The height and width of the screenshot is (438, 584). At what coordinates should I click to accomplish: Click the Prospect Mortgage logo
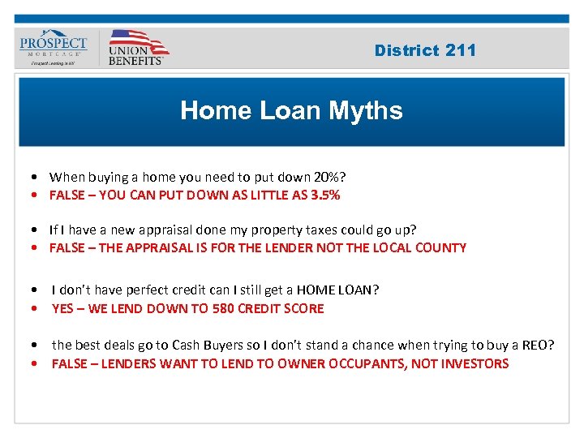53,48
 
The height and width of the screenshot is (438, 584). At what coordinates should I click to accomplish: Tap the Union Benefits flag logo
137,47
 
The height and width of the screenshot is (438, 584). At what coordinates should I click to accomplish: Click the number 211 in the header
461,50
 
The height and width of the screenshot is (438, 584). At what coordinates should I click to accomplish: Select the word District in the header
406,50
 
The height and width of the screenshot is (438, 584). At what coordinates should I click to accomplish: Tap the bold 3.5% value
324,195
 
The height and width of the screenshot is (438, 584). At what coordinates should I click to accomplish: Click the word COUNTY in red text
441,247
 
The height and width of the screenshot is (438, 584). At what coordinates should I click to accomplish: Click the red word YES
64,308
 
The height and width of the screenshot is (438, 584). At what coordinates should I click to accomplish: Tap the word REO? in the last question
538,346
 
